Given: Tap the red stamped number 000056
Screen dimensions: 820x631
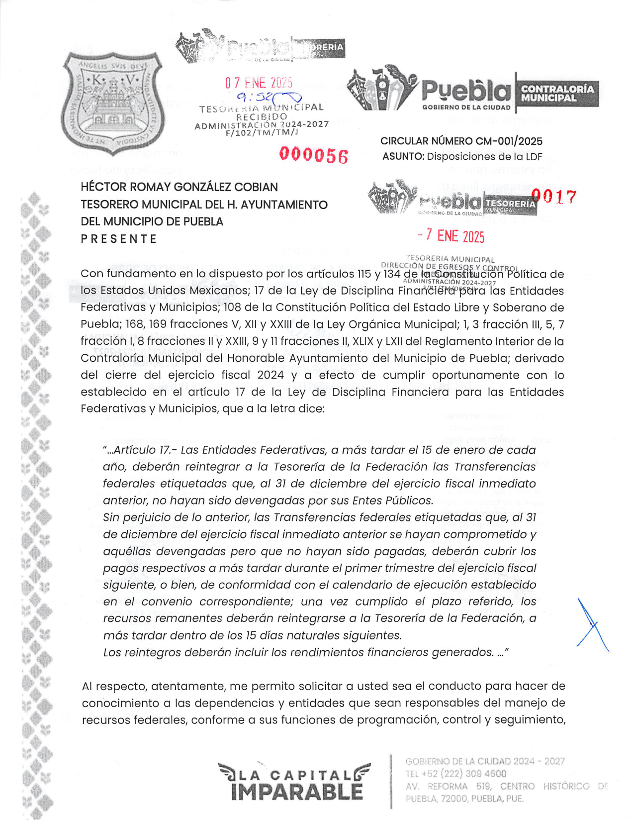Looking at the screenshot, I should pos(313,155).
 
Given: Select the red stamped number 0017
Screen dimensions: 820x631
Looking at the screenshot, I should pos(558,197).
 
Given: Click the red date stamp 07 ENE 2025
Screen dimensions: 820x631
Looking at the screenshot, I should pos(259,83).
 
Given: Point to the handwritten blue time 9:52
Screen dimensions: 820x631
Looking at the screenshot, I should pos(254,97).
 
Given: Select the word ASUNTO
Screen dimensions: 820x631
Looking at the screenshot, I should pos(403,157).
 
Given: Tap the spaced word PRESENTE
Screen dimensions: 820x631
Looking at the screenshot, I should pos(119,239).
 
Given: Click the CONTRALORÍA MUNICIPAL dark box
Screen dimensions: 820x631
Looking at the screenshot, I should pos(556,94).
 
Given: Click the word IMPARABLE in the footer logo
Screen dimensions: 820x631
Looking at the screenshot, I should pos(297,792).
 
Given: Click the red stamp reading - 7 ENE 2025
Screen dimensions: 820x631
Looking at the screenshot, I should pos(451,236).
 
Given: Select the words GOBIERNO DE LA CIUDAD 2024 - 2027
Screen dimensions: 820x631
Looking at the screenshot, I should pos(485,761).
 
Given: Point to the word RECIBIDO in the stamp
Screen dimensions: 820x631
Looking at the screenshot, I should pos(262,116).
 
